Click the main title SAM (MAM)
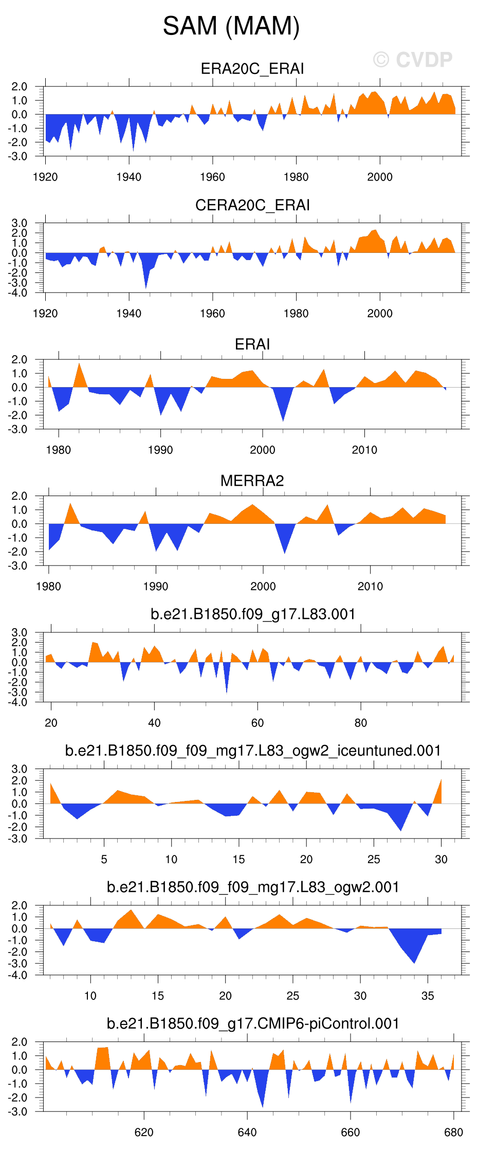coord(231,26)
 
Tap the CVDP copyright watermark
coord(413,60)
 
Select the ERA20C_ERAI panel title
coord(252,69)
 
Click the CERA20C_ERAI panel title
coord(252,205)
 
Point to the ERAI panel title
coord(252,344)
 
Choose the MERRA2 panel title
coord(252,481)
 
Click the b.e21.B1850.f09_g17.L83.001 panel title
coord(253,614)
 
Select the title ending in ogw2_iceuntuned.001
coord(253,751)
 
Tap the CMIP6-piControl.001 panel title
coord(253,1023)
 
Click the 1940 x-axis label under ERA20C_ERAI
coord(128,177)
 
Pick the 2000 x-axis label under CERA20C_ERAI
coord(380,314)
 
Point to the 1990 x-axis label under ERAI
coord(160,450)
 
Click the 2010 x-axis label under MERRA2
coord(370,587)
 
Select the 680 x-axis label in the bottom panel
coord(453,1132)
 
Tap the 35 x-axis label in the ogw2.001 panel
coord(428,996)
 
